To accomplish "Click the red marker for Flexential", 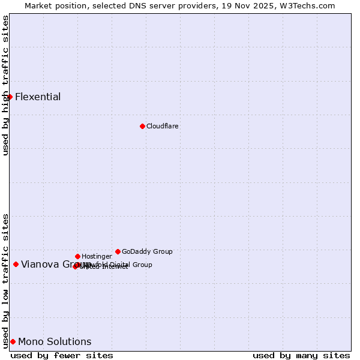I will (10, 97).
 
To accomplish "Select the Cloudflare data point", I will (142, 126).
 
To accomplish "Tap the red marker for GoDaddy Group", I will (118, 251).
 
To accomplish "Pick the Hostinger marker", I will (77, 256).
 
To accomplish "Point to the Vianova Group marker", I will (16, 264).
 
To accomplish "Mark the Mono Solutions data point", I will (13, 341).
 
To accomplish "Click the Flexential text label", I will (38, 97).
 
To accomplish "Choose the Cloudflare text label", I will (163, 126).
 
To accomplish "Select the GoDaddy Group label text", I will (147, 251).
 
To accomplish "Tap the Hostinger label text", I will (97, 256).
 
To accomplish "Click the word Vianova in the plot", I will (40, 264).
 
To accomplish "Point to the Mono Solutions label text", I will (55, 341).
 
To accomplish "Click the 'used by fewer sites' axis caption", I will (62, 355).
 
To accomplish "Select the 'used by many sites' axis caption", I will (301, 355).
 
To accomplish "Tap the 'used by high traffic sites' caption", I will (5, 85).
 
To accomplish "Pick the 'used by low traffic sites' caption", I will (5, 281).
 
